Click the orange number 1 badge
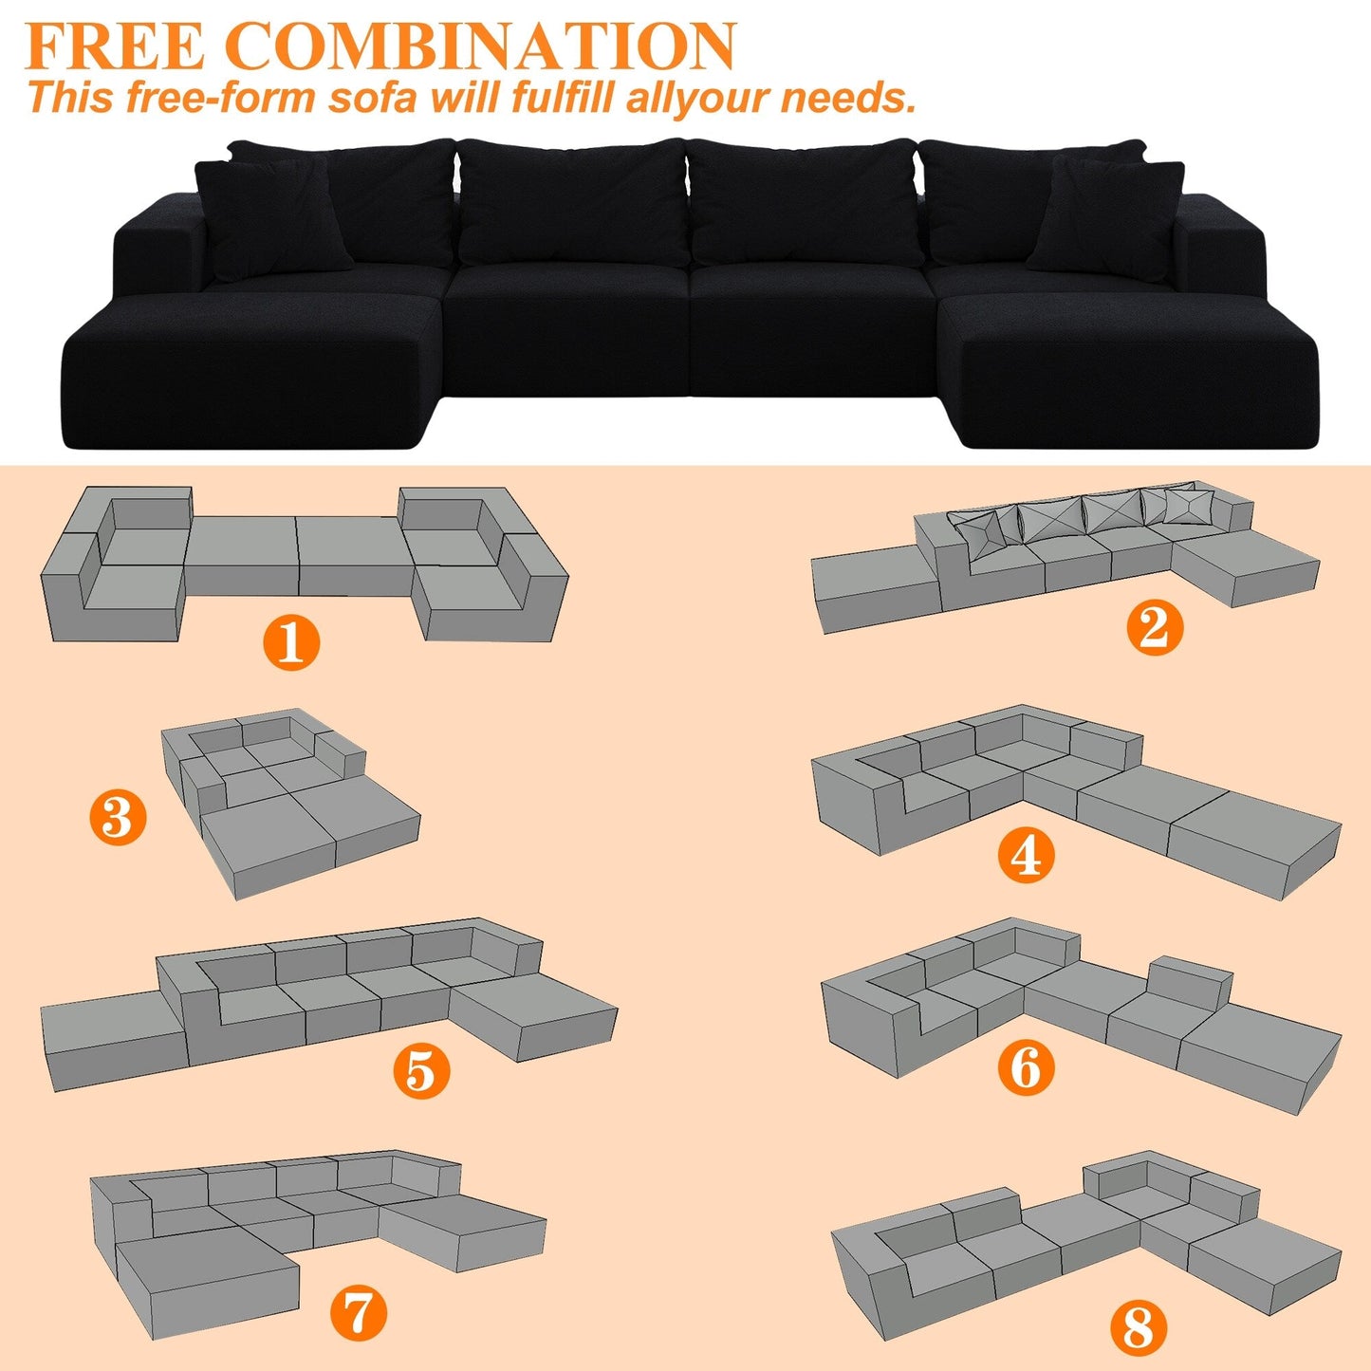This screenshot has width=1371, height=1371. pos(291,641)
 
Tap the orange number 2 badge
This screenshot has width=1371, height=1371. pos(1155,626)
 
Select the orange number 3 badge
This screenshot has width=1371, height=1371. pos(119,817)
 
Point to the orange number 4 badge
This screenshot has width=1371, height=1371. pos(1026,855)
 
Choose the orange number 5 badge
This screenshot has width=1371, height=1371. pos(421,1071)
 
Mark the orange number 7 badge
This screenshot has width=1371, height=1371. pos(358,1313)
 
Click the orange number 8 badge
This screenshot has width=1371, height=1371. pos(1139,1325)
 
